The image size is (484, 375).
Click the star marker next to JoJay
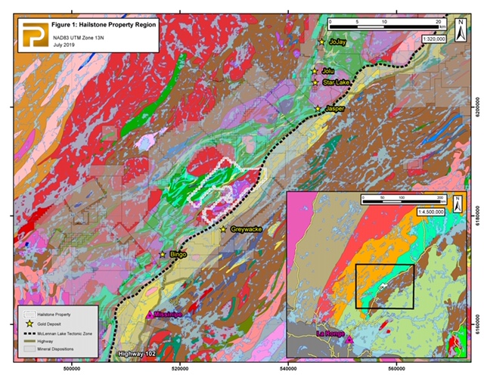[x=321, y=42]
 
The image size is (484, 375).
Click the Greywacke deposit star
[x=224, y=229]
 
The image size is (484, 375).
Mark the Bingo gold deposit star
[x=162, y=255]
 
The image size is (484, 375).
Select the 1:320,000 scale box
[x=434, y=36]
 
